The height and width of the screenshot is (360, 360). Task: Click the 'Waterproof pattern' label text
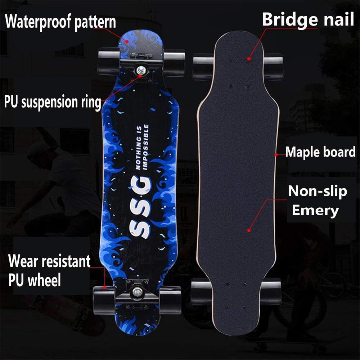[x=60, y=22]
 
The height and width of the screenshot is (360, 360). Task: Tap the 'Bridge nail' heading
[x=308, y=20]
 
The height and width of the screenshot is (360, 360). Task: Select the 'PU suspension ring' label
[x=53, y=102]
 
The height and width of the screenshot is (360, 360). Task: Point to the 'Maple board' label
[x=320, y=152]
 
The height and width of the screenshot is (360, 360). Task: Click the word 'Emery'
[x=315, y=211]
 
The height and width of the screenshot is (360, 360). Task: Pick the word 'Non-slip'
[x=317, y=191]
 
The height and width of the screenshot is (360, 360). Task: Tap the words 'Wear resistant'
[x=49, y=261]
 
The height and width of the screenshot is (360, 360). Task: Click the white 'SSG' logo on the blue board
[x=140, y=207]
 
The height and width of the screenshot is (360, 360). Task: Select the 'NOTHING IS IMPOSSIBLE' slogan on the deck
[x=142, y=147]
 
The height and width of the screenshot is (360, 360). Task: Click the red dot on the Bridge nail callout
[x=249, y=59]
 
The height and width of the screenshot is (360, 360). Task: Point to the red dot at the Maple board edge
[x=276, y=155]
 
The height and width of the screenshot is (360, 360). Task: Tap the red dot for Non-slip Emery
[x=249, y=230]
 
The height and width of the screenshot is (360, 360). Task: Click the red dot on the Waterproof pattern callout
[x=127, y=41]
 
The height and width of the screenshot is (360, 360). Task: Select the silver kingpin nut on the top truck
[x=140, y=70]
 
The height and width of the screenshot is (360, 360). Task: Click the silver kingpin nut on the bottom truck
[x=137, y=292]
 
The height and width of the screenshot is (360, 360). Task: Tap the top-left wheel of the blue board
[x=109, y=62]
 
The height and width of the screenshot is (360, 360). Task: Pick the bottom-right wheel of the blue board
[x=170, y=300]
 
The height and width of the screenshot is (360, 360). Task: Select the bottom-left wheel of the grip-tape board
[x=201, y=292]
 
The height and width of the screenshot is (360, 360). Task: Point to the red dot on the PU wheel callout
[x=104, y=287]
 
